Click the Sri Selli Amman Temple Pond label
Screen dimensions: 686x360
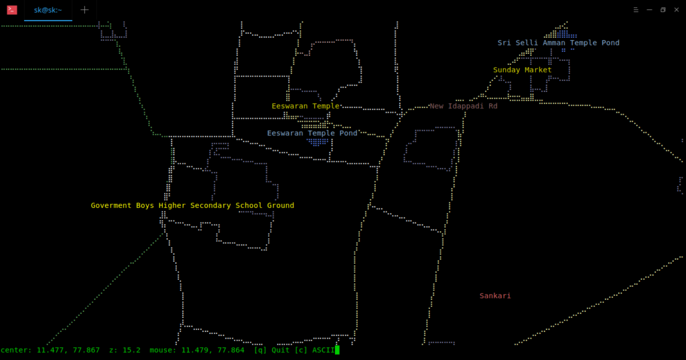tap(558, 43)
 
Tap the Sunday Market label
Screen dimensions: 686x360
tap(523, 70)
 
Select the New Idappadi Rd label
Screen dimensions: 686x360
tap(464, 106)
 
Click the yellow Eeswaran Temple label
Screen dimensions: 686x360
tap(305, 106)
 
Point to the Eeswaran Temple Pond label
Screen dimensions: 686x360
tap(312, 133)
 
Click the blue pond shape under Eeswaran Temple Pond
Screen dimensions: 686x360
tap(318, 142)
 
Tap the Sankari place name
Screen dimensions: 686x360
tap(495, 296)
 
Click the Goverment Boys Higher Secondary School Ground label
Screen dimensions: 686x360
tap(192, 205)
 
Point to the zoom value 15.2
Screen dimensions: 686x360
tap(134, 351)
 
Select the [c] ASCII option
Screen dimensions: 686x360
tap(315, 351)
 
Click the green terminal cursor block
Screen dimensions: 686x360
tap(338, 351)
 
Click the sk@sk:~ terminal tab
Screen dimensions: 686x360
tap(48, 10)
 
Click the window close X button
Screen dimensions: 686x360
tap(677, 9)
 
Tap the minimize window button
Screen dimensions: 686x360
tap(649, 9)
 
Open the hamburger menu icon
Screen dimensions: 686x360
tap(636, 9)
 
